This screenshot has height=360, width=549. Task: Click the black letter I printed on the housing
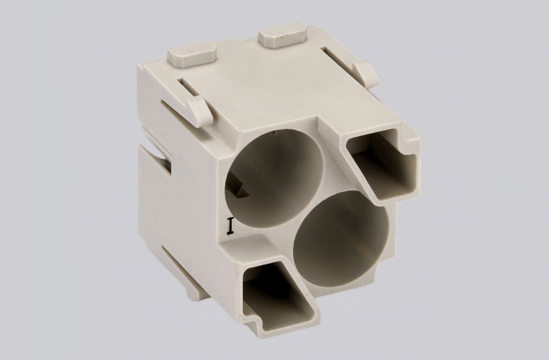[231, 226]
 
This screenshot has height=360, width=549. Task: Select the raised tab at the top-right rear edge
[281, 36]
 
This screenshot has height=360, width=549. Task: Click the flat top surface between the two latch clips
[263, 86]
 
